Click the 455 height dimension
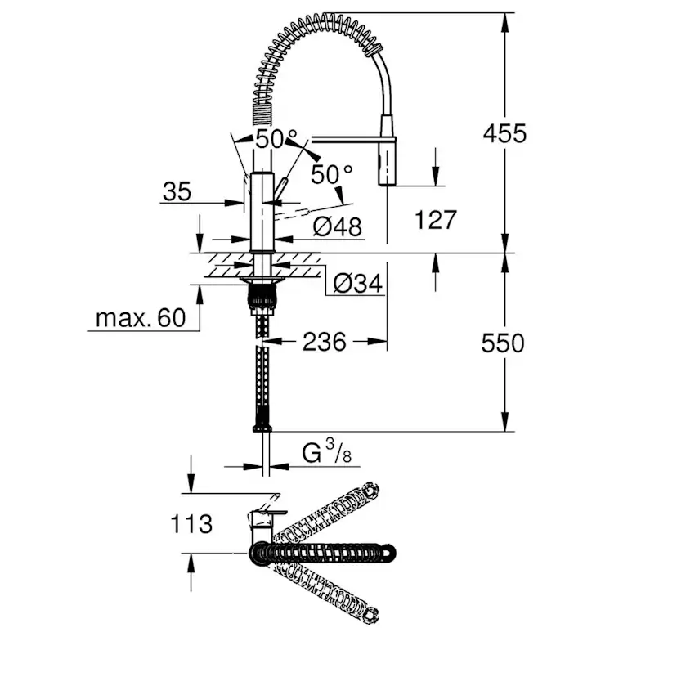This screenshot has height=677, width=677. (x=504, y=132)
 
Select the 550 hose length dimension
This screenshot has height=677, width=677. (x=503, y=343)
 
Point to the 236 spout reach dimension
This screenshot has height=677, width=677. (x=324, y=342)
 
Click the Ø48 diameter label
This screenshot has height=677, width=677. (x=337, y=226)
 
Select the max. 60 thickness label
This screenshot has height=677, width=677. (x=141, y=317)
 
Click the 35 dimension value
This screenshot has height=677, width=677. (x=177, y=192)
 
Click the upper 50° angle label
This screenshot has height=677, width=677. (x=271, y=139)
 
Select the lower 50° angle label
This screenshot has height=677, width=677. (x=331, y=173)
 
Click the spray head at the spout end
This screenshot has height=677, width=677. (x=387, y=162)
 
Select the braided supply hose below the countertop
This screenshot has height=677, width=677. (x=262, y=368)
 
